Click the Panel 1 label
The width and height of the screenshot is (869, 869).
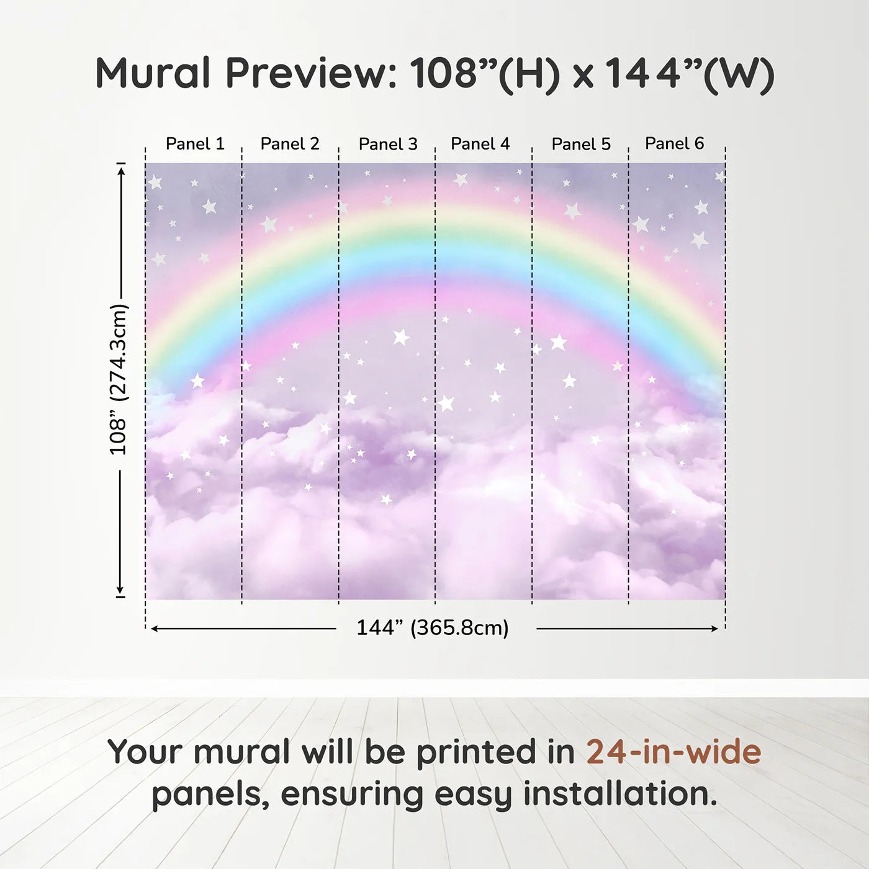195,144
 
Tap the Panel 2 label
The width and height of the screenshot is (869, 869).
290,144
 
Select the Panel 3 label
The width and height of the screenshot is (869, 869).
388,144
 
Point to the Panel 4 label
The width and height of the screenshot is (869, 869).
480,144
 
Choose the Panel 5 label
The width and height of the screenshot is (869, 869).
581,144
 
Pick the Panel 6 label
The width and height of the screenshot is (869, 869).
674,143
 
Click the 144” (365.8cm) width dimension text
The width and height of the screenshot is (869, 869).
433,628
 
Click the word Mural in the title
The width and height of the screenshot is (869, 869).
153,73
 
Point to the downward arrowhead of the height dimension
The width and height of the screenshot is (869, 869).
120,589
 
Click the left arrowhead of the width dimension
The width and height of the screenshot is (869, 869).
155,629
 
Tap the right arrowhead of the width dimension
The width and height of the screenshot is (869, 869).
714,629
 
